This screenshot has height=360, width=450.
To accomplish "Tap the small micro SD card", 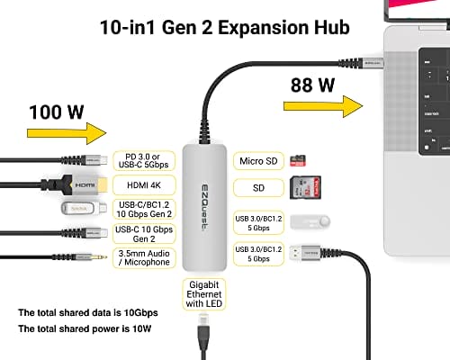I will click(x=299, y=161).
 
